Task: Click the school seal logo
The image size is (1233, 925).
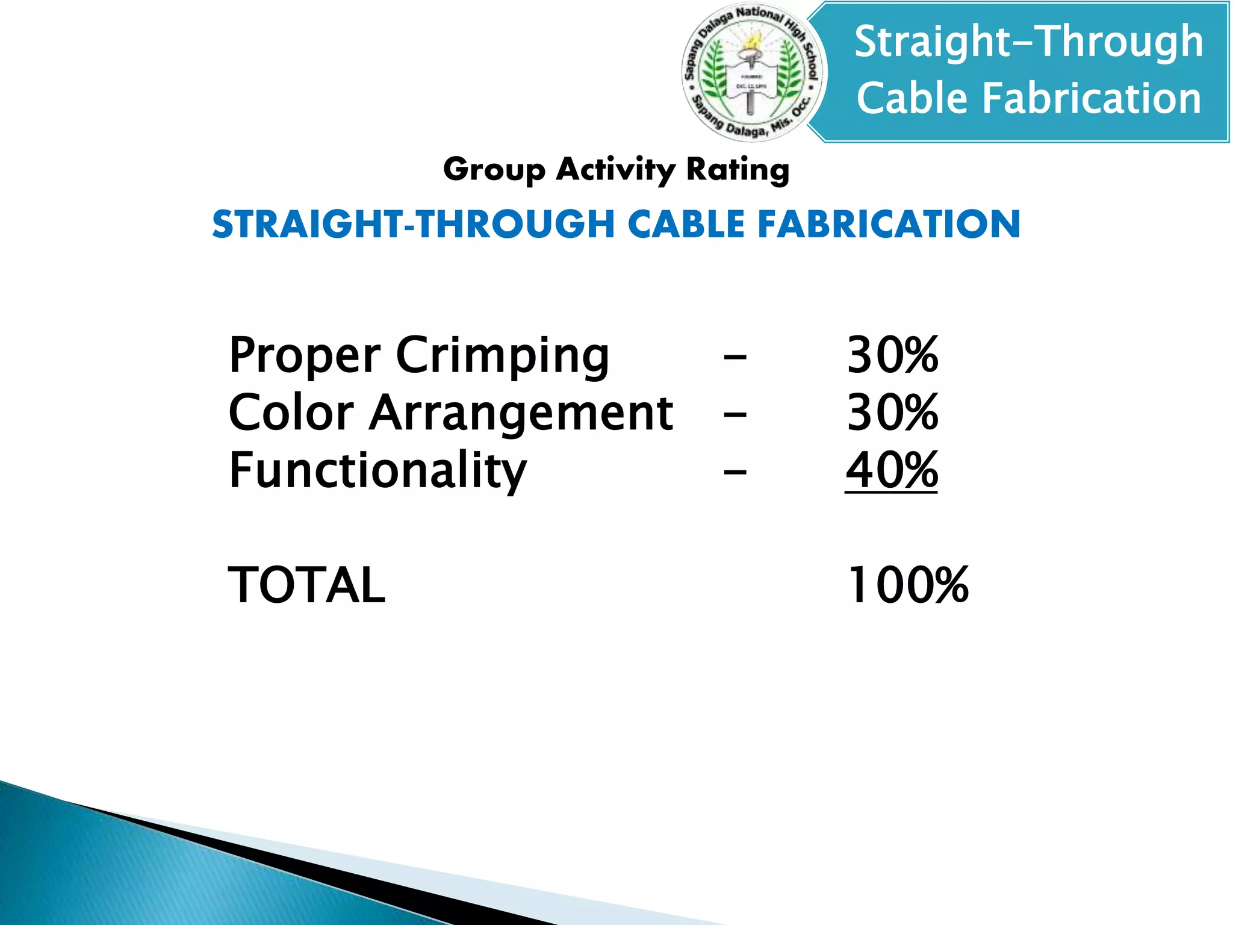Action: coord(754,73)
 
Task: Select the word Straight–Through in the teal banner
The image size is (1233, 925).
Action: coord(1028,42)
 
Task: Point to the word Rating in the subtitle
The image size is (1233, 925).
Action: coord(738,170)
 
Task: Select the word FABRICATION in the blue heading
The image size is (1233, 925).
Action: coord(889,224)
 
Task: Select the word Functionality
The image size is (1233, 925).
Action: coord(377,471)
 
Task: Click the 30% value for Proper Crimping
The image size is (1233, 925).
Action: coord(892,355)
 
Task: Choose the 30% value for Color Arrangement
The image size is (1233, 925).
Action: coord(892,413)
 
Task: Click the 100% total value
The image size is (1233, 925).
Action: coord(907,585)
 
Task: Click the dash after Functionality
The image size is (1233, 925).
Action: coord(735,473)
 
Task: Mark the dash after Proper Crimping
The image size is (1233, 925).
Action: coord(735,358)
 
